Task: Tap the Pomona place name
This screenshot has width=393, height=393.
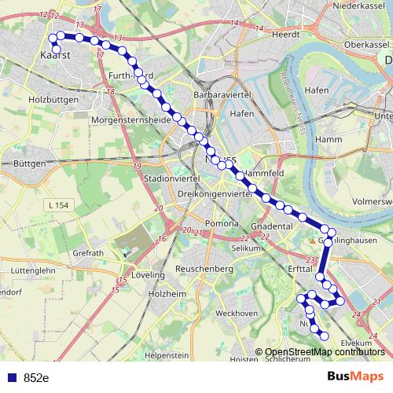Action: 222,224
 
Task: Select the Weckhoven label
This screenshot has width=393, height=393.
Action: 236,313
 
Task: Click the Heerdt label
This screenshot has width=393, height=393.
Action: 286,35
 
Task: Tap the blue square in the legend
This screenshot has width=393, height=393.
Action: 12,377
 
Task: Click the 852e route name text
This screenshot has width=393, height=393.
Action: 36,377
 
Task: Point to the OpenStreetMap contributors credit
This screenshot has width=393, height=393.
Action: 325,351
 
